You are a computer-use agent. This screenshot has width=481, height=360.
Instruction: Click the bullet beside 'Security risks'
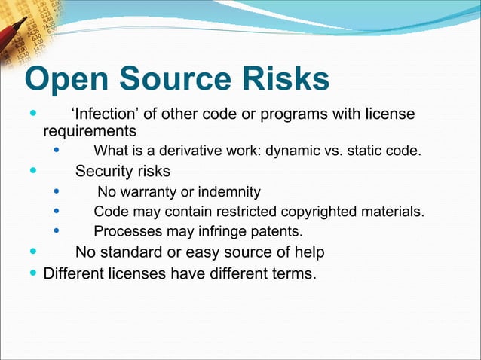[32, 171]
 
